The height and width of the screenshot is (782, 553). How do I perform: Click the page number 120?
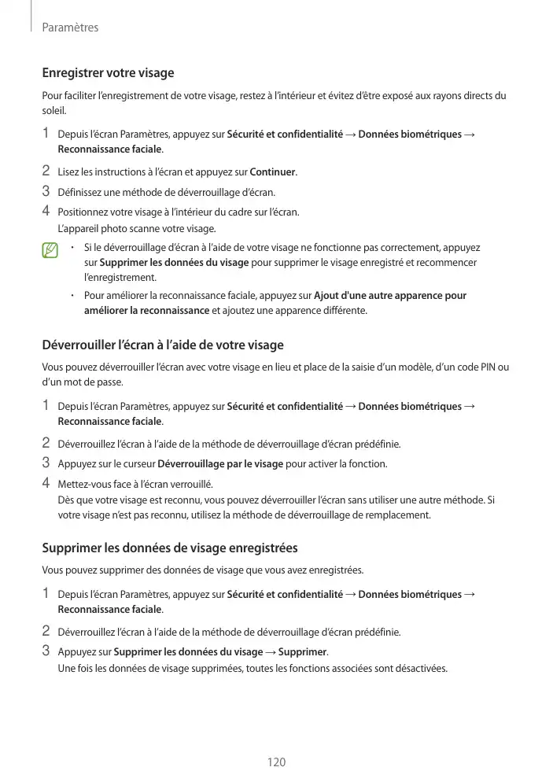point(276,762)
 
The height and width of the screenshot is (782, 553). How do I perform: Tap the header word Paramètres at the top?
point(70,28)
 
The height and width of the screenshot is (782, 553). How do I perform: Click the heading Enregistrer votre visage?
point(108,73)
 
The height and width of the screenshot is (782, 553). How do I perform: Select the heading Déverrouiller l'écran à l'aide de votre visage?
point(162,345)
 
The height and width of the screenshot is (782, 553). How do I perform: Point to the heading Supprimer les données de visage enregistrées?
point(169,548)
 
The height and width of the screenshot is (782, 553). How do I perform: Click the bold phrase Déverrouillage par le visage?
point(220,464)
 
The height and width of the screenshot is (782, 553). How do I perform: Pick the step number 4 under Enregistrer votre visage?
point(46,211)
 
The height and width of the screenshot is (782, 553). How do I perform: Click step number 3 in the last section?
point(46,651)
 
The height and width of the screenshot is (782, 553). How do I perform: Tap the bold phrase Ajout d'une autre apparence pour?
point(389,296)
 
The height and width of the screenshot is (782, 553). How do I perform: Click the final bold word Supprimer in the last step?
point(303,651)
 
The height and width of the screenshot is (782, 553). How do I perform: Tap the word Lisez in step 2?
point(70,172)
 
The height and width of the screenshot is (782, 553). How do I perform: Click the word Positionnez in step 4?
point(84,212)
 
